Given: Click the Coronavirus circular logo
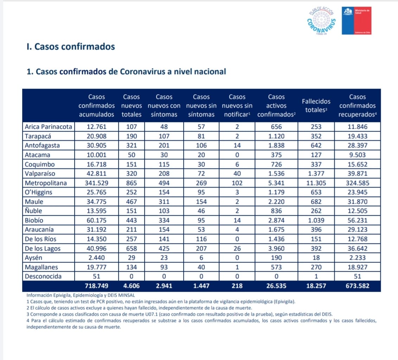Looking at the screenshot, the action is [321, 21].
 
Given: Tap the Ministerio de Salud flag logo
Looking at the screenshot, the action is [357, 20].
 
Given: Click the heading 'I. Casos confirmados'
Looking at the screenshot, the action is [71, 47].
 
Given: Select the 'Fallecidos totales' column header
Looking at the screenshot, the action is [316, 106].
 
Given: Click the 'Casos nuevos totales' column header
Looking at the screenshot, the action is [131, 106].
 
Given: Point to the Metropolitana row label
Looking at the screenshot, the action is [46, 183].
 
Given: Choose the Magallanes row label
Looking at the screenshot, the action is [41, 267].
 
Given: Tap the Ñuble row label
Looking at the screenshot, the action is [33, 211].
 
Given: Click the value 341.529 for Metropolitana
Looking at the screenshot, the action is [96, 183].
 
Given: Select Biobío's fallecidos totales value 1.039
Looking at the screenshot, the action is [316, 220].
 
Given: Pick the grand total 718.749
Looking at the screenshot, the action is [96, 286].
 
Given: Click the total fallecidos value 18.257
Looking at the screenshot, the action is [316, 286].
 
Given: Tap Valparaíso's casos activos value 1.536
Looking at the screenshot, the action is [276, 173].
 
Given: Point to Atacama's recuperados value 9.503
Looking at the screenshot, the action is [357, 155].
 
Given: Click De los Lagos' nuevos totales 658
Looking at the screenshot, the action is [131, 248].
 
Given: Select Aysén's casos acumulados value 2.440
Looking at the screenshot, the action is [96, 258].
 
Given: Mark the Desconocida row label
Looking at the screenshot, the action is [43, 276].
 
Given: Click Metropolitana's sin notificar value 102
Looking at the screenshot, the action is [237, 183].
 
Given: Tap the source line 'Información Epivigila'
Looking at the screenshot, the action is [81, 295].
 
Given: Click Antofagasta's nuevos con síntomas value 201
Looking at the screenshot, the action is [164, 146].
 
